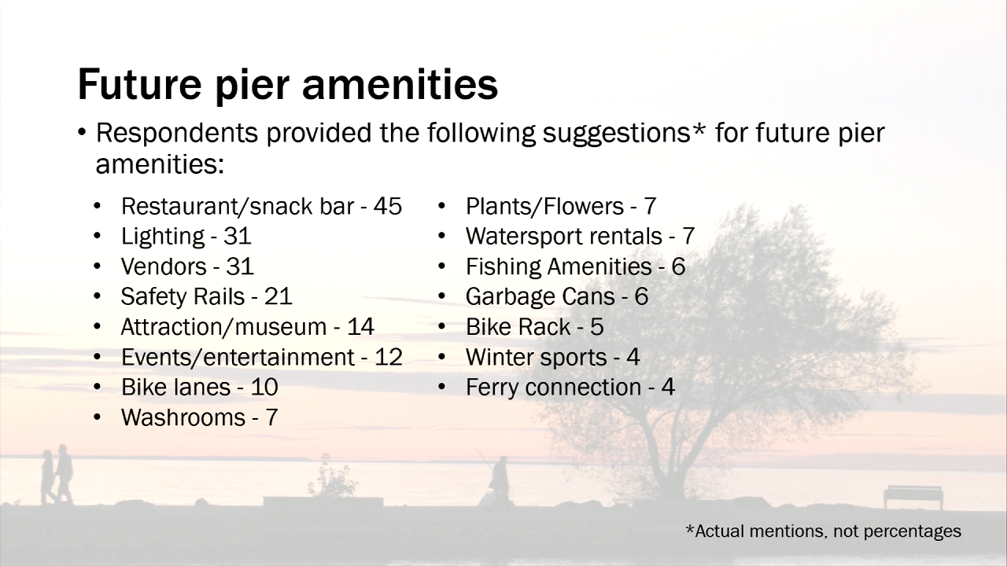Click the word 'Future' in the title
(x=139, y=84)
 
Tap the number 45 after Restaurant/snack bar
(x=388, y=206)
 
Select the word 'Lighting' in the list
(x=163, y=237)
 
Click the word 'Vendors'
(x=164, y=266)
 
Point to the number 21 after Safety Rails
(x=278, y=296)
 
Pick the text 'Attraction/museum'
(x=224, y=327)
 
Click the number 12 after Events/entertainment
(x=389, y=357)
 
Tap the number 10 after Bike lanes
(x=264, y=388)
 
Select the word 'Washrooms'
(x=183, y=417)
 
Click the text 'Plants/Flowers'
(x=544, y=206)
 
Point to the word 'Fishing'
(x=503, y=266)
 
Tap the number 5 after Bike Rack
(x=596, y=327)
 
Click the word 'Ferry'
(x=492, y=388)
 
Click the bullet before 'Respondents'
(x=81, y=133)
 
